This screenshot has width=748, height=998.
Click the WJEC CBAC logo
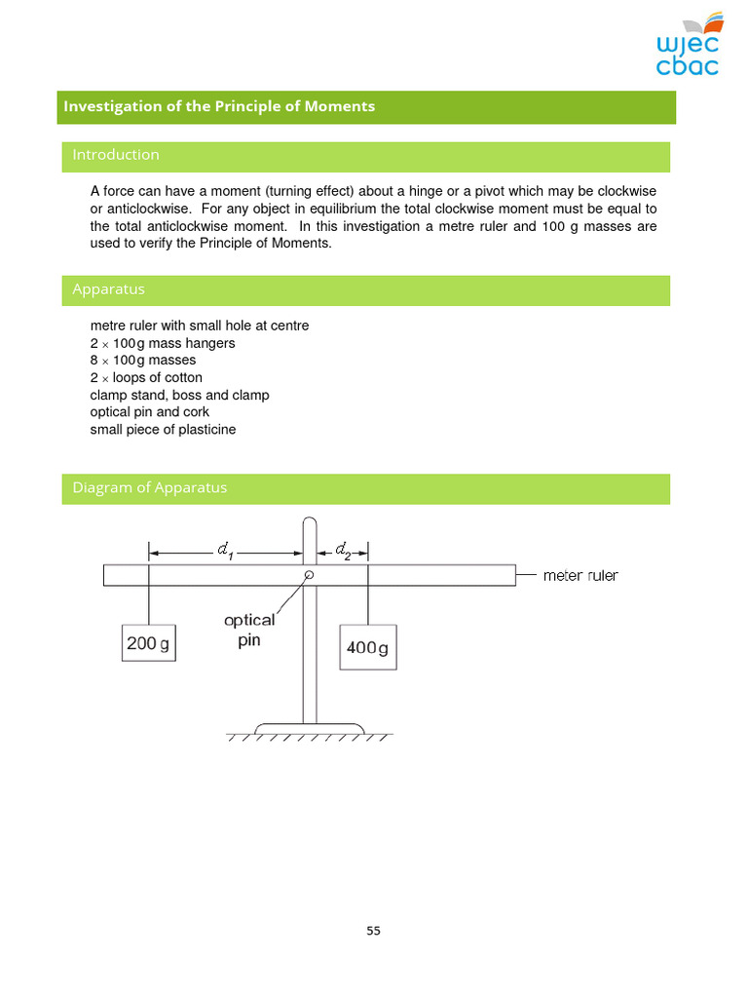click(x=689, y=46)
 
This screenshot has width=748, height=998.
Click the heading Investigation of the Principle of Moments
click(x=219, y=106)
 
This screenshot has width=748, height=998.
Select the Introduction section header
click(x=116, y=155)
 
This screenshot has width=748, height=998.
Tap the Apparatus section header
click(x=108, y=289)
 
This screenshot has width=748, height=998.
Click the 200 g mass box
click(x=149, y=643)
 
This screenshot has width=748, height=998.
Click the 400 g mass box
click(x=367, y=648)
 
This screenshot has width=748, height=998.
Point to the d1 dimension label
click(x=225, y=553)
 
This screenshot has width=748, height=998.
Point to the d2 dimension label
click(x=343, y=552)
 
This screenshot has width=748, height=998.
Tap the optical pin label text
click(x=249, y=630)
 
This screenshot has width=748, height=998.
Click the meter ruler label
click(x=580, y=576)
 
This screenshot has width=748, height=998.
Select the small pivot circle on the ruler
click(x=309, y=575)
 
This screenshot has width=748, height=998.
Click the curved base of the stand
click(x=310, y=727)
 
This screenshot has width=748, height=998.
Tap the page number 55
click(x=374, y=931)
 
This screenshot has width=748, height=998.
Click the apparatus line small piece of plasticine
click(x=163, y=430)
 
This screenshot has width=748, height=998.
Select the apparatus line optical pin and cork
click(x=149, y=412)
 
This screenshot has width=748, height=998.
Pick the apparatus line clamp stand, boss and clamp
click(x=179, y=396)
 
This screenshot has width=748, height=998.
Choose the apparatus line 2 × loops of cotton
click(x=146, y=378)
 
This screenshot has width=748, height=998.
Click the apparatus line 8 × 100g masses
click(x=143, y=361)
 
